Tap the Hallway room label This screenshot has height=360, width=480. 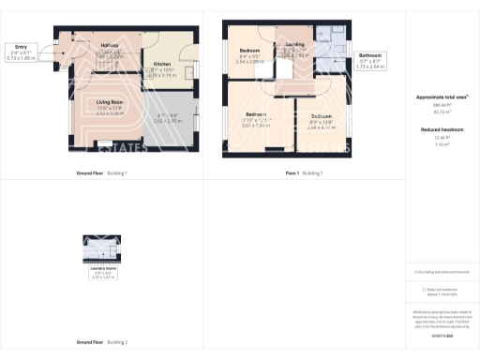coord(110,44)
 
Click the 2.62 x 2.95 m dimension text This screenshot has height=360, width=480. coord(169,121)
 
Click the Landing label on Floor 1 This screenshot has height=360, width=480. coord(295,43)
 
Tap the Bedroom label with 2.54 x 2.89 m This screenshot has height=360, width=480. coord(249,50)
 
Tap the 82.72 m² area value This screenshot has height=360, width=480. coord(442,112)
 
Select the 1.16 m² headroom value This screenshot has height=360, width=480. coord(442,145)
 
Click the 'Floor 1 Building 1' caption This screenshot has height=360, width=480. coord(305,173)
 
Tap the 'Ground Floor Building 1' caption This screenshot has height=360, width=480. coord(102,173)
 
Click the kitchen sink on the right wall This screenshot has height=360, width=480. coord(196,71)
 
